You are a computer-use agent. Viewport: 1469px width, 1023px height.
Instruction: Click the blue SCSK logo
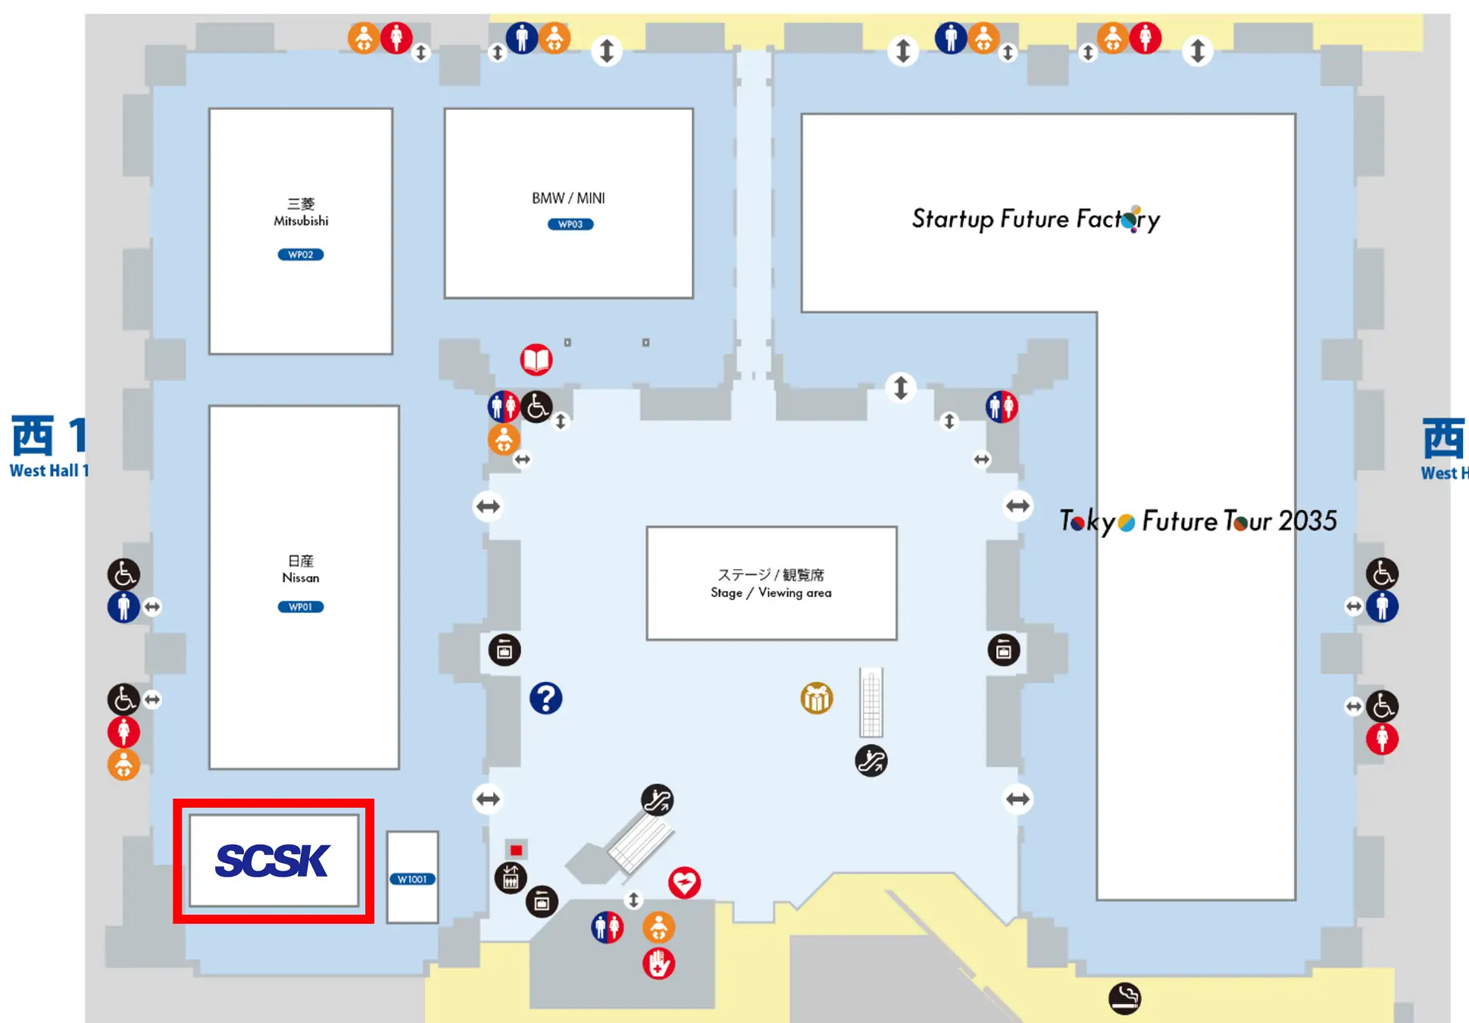(x=273, y=861)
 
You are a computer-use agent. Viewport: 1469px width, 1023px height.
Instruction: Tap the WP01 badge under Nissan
(x=301, y=607)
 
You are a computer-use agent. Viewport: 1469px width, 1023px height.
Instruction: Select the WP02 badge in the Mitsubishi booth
(x=301, y=255)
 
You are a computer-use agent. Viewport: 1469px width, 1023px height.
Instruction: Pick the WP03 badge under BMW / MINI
(x=570, y=224)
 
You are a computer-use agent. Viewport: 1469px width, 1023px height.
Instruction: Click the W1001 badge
(x=412, y=879)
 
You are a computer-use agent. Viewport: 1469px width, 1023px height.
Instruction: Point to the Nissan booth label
(x=301, y=569)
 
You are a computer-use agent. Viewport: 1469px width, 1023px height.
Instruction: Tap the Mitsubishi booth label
(x=301, y=212)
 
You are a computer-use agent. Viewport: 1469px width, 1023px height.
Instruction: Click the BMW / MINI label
(x=568, y=199)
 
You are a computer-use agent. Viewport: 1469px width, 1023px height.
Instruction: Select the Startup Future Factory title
(x=1036, y=219)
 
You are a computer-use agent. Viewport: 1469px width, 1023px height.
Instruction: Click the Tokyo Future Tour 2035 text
(x=1198, y=521)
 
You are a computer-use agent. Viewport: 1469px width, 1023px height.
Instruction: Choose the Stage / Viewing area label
(x=771, y=583)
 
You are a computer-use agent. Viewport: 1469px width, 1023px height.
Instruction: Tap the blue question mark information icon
(x=545, y=698)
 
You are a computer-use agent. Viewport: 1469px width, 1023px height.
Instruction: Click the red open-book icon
(x=536, y=359)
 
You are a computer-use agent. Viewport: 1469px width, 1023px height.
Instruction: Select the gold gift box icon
(x=817, y=698)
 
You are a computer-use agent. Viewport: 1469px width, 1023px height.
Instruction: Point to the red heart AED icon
(x=684, y=883)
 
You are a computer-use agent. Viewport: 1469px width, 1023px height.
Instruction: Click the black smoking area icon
(x=1125, y=998)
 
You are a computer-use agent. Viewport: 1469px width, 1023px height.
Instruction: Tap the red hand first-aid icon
(x=658, y=964)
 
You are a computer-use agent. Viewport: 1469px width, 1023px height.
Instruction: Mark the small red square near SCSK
(x=516, y=850)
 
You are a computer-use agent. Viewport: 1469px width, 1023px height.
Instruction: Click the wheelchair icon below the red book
(x=537, y=407)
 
